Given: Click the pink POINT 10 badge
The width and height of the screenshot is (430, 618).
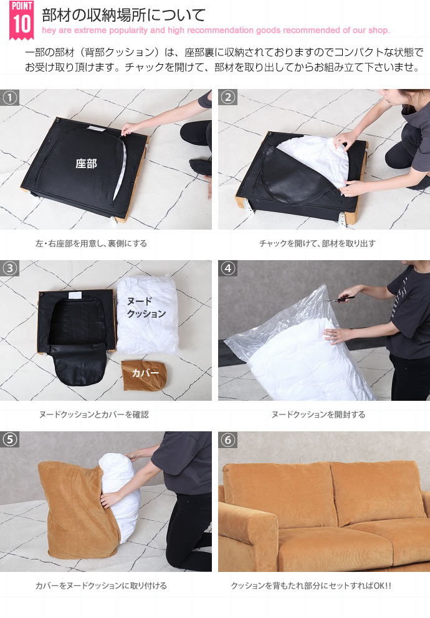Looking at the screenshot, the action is pyautogui.click(x=21, y=20).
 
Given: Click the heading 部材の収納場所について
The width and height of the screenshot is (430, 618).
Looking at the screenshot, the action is pyautogui.click(x=124, y=15).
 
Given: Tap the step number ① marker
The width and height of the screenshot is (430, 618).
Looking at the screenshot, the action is pyautogui.click(x=10, y=97).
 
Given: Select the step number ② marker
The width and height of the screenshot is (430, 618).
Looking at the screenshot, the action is pyautogui.click(x=227, y=97).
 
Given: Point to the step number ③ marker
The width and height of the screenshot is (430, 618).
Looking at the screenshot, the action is pyautogui.click(x=10, y=268).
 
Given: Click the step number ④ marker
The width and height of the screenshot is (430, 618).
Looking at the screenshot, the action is pyautogui.click(x=227, y=268).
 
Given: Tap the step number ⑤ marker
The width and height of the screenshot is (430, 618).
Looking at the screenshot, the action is pyautogui.click(x=10, y=439).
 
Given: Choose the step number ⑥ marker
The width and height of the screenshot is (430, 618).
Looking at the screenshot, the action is pyautogui.click(x=227, y=439).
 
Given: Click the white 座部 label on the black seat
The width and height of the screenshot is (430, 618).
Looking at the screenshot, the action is pyautogui.click(x=86, y=163).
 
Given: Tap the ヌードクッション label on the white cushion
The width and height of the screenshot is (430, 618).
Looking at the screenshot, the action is pyautogui.click(x=146, y=307).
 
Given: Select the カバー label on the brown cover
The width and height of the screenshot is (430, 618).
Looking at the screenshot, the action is pyautogui.click(x=145, y=373).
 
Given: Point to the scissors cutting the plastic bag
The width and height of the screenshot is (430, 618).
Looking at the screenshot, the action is pyautogui.click(x=339, y=296).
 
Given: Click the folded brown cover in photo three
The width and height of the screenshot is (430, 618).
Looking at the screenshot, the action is pyautogui.click(x=144, y=375).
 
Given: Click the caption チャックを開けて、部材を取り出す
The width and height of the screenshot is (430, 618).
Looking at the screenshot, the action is pyautogui.click(x=317, y=243).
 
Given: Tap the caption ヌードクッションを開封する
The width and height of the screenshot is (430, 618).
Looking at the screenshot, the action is pyautogui.click(x=318, y=414).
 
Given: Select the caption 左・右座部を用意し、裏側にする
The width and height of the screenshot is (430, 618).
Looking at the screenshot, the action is pyautogui.click(x=91, y=243).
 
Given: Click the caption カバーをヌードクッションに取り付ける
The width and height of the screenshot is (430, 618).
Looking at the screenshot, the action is pyautogui.click(x=101, y=586).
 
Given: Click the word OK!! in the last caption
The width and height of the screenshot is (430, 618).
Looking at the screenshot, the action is pyautogui.click(x=382, y=586).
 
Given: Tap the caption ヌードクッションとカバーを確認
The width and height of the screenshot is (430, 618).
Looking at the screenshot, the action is pyautogui.click(x=94, y=414).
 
